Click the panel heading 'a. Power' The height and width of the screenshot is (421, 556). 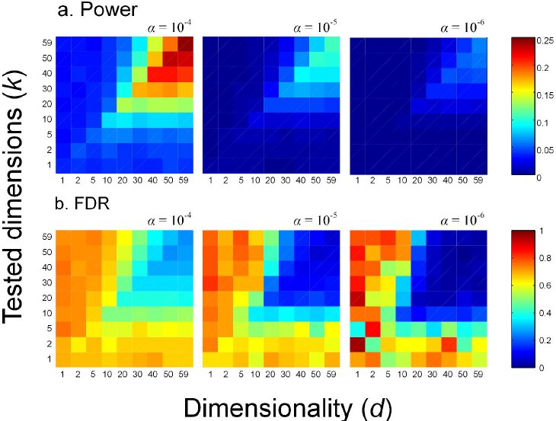tap(97, 9)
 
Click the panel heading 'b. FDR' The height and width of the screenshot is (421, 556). tap(82, 203)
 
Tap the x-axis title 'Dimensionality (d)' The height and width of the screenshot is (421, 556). tap(288, 408)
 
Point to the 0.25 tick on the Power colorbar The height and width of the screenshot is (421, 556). tap(545, 41)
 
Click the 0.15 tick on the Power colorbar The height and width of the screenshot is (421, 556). tap(545, 95)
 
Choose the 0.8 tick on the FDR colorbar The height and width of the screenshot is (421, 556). tap(544, 258)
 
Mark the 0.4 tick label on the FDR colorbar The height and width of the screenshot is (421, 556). tap(544, 313)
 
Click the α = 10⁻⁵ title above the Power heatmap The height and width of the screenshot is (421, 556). tap(315, 27)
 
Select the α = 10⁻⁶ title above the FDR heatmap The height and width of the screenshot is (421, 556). tap(462, 220)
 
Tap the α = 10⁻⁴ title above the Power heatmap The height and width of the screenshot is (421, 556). tap(170, 27)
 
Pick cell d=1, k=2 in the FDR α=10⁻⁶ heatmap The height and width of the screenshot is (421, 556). tap(357, 344)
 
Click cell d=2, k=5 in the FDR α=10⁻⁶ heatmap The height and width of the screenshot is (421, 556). tap(372, 329)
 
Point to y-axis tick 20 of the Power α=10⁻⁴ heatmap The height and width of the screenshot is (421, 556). tap(47, 104)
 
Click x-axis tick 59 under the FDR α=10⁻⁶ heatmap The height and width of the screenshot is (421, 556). tap(478, 375)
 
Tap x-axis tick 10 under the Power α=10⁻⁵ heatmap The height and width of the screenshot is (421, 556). tap(255, 180)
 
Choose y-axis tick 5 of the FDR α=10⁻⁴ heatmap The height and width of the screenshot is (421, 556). tap(50, 329)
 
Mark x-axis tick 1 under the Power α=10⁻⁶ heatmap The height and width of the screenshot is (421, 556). tap(357, 180)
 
